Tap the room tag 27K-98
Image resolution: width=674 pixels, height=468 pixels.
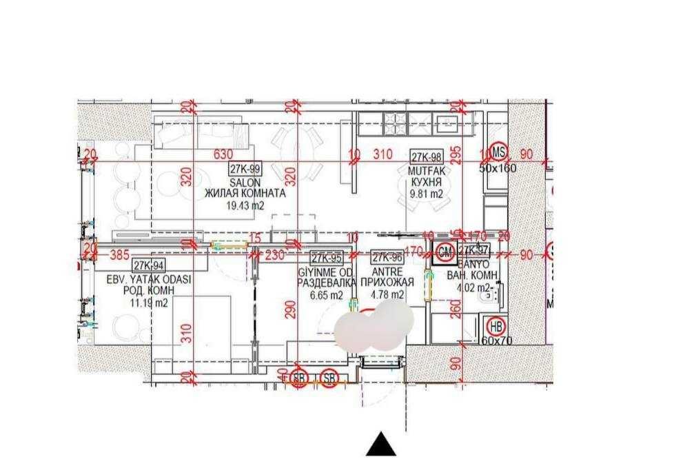[x=427, y=157]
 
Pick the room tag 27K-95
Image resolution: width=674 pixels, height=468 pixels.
[x=327, y=258]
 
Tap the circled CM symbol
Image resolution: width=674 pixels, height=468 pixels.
[x=445, y=254]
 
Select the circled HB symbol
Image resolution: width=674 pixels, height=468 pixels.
[x=495, y=325]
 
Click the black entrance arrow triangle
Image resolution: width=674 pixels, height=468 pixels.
[x=381, y=445]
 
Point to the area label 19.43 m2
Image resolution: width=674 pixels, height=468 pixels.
[x=245, y=205]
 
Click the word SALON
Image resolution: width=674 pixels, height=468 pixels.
[x=245, y=183]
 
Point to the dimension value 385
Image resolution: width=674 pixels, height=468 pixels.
[x=120, y=254]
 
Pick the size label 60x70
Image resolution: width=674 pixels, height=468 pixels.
[x=498, y=340]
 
